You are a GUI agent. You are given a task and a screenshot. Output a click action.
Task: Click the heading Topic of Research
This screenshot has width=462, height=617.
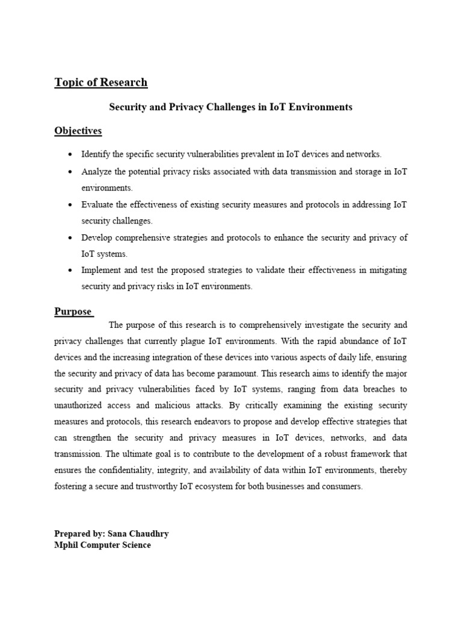(x=100, y=83)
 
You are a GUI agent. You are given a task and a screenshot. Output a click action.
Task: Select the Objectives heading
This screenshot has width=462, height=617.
(x=78, y=131)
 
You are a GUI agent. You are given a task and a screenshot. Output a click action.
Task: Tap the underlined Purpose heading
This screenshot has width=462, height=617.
(x=73, y=312)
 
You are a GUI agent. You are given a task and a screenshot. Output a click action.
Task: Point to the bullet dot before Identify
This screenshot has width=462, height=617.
(x=71, y=155)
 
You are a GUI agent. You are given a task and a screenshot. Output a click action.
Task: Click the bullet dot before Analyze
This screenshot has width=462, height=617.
(x=71, y=172)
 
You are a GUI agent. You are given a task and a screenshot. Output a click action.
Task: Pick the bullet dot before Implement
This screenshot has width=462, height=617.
(x=71, y=271)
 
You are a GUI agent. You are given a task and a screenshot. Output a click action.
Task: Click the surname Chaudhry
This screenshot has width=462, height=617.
(x=149, y=534)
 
